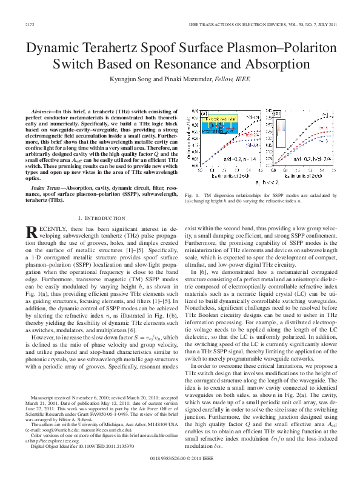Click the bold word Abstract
pos(42,113)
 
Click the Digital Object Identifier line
pos(73,447)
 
